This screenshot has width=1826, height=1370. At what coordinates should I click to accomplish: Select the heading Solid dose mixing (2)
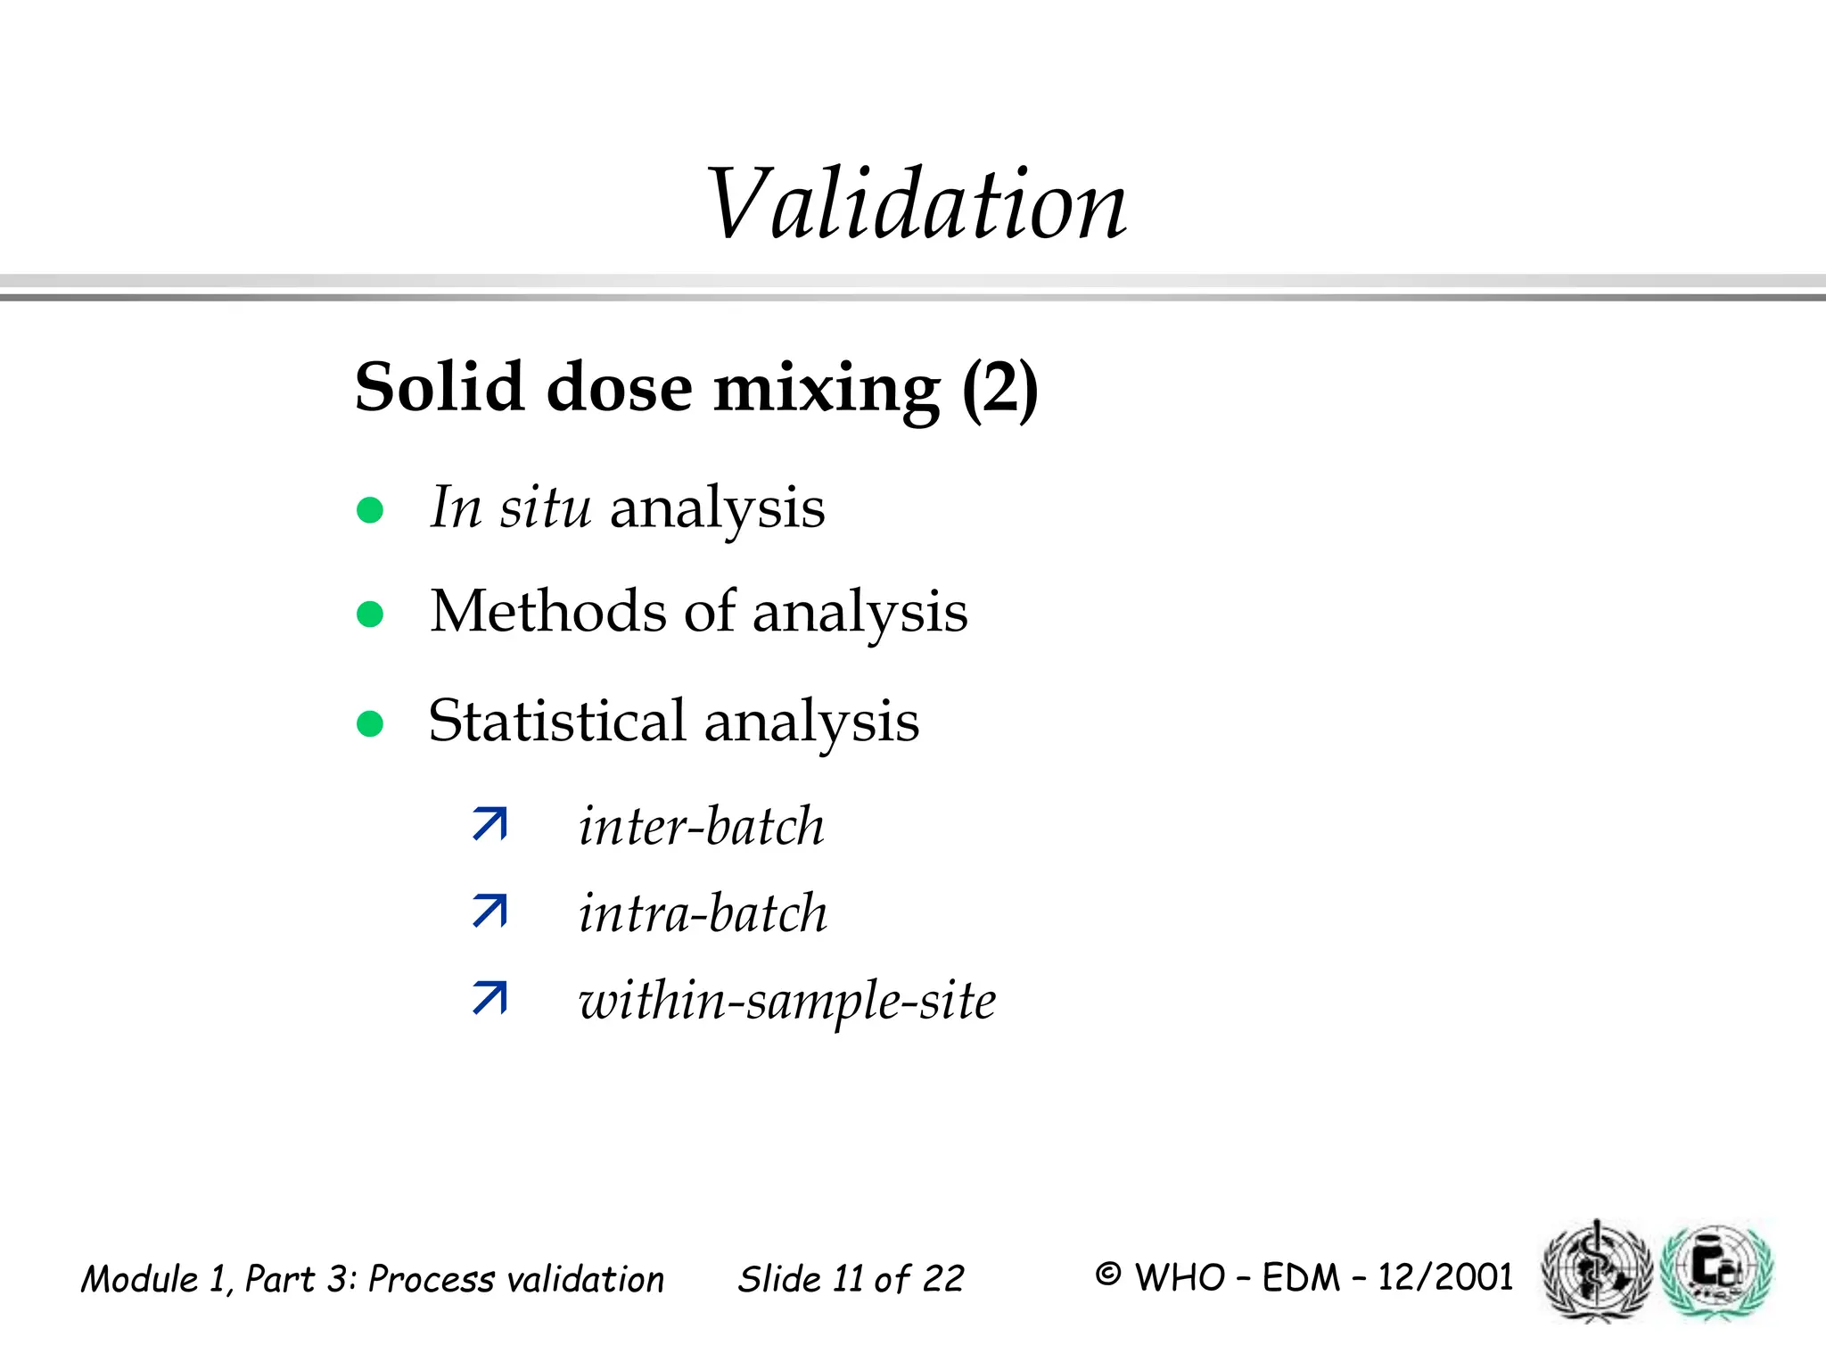(x=696, y=388)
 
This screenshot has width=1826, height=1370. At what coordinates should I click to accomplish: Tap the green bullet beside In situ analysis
(x=370, y=510)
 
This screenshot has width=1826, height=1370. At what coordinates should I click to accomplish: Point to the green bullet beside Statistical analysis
(x=370, y=723)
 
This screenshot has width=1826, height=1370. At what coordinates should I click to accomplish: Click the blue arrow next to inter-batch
(x=490, y=824)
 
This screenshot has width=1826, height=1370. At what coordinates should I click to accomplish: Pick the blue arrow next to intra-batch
(x=490, y=911)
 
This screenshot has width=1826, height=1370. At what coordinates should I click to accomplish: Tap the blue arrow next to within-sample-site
(x=490, y=997)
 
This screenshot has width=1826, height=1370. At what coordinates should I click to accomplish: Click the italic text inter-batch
(x=702, y=826)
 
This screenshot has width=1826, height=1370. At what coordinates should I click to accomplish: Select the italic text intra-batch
(x=703, y=913)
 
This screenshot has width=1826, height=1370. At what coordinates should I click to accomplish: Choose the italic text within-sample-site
(x=787, y=1001)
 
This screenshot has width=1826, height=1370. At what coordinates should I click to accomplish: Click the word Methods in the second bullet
(x=548, y=612)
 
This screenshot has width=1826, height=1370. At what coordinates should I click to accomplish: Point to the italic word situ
(x=545, y=508)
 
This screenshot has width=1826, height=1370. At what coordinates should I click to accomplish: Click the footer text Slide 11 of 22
(x=851, y=1279)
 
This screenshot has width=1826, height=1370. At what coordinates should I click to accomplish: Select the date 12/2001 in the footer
(x=1445, y=1277)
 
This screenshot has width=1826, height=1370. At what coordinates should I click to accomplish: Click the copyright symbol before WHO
(x=1107, y=1275)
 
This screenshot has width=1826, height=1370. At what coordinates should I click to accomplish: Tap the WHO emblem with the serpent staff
(x=1597, y=1271)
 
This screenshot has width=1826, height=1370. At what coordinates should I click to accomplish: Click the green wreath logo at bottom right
(x=1717, y=1271)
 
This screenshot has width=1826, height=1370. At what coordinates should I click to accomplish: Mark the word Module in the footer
(x=140, y=1279)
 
